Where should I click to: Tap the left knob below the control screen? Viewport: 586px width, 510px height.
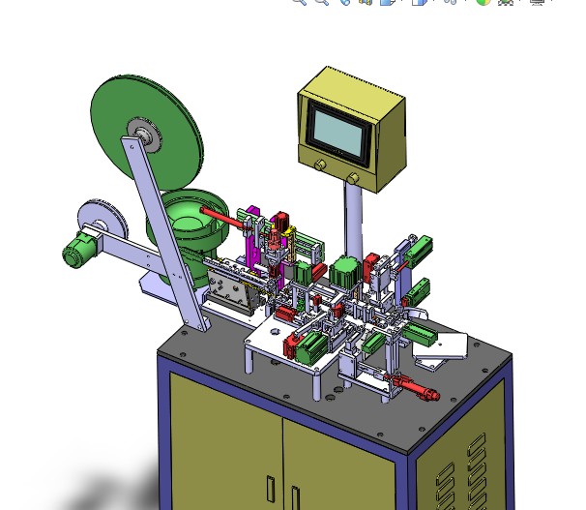pos(319,166)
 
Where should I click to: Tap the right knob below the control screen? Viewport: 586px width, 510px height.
pos(354,179)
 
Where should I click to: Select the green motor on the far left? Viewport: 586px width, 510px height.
pos(73,254)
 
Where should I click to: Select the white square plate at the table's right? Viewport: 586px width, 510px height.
pos(449,345)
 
